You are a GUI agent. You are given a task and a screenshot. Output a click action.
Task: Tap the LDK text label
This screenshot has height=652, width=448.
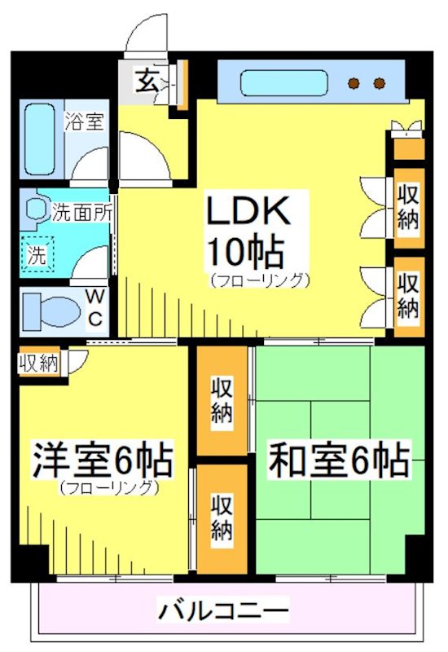pos(247,214)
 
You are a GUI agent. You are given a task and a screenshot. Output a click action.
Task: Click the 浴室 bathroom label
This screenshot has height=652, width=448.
pos(84,121)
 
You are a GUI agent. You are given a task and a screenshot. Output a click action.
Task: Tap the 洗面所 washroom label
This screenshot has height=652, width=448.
pos(82,214)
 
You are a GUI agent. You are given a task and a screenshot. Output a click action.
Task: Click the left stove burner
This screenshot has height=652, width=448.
pos(354,83)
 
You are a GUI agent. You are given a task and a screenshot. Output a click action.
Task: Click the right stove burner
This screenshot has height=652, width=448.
pos(379,83)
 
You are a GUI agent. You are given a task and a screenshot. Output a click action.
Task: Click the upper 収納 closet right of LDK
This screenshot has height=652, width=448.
pos(408,208)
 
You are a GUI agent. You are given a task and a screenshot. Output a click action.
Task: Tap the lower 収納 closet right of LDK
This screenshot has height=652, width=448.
pos(408,295)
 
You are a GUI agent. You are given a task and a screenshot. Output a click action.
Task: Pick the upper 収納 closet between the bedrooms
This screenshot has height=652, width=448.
pos(222,400)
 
